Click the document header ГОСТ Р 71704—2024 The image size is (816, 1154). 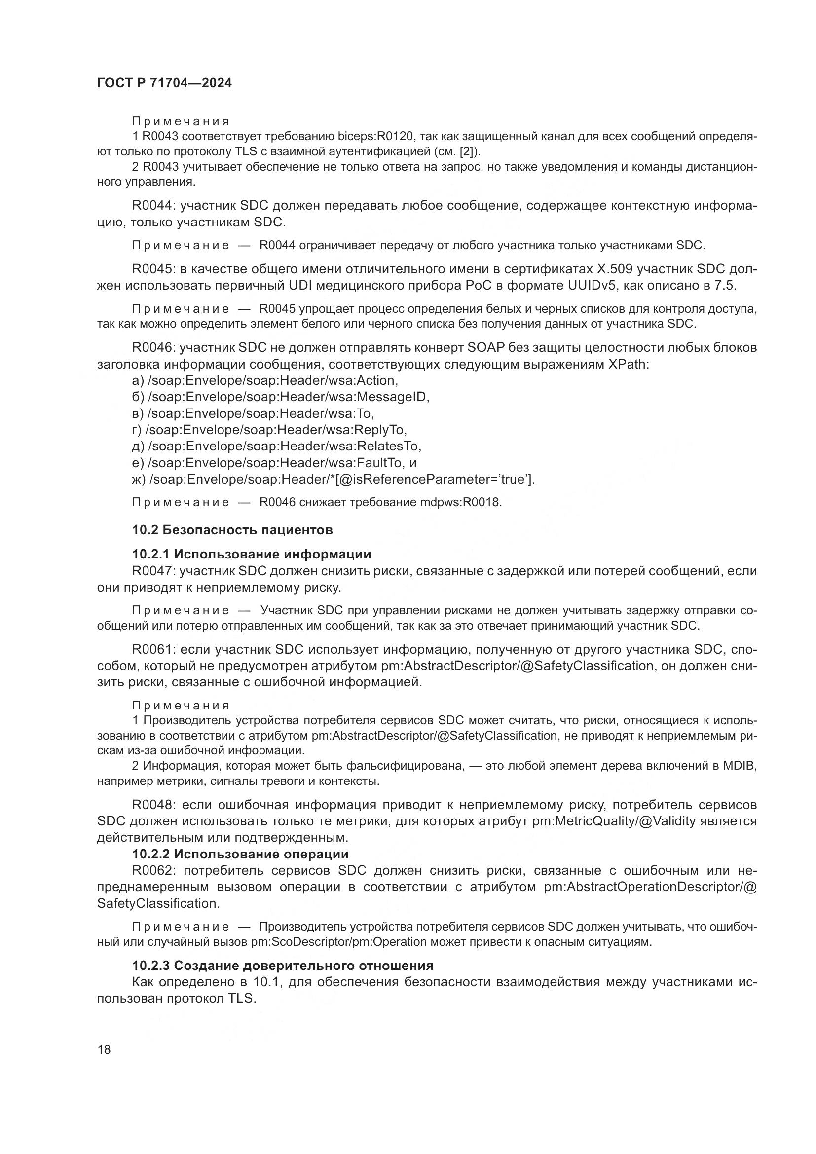click(x=164, y=83)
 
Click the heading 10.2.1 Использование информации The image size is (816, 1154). click(x=251, y=555)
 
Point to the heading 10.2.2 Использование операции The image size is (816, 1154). click(x=240, y=854)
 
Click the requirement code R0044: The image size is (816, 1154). click(x=153, y=206)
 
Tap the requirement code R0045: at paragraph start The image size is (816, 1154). click(x=153, y=269)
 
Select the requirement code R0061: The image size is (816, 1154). click(x=153, y=649)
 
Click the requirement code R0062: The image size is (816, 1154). click(x=153, y=870)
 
